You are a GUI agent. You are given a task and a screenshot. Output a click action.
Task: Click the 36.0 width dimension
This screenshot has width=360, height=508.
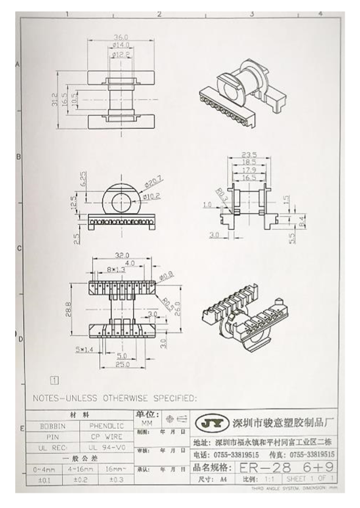point(121,38)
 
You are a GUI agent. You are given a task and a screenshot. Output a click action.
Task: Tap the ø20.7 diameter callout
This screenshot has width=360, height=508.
point(153,183)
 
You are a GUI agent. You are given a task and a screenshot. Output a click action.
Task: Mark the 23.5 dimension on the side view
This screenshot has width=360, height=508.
point(248,154)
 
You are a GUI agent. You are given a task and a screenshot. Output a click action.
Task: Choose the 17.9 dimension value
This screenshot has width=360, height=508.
point(248,170)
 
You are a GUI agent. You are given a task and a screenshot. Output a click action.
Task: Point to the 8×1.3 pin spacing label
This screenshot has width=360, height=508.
point(115,269)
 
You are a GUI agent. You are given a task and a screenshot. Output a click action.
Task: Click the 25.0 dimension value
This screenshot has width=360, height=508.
point(123,365)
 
